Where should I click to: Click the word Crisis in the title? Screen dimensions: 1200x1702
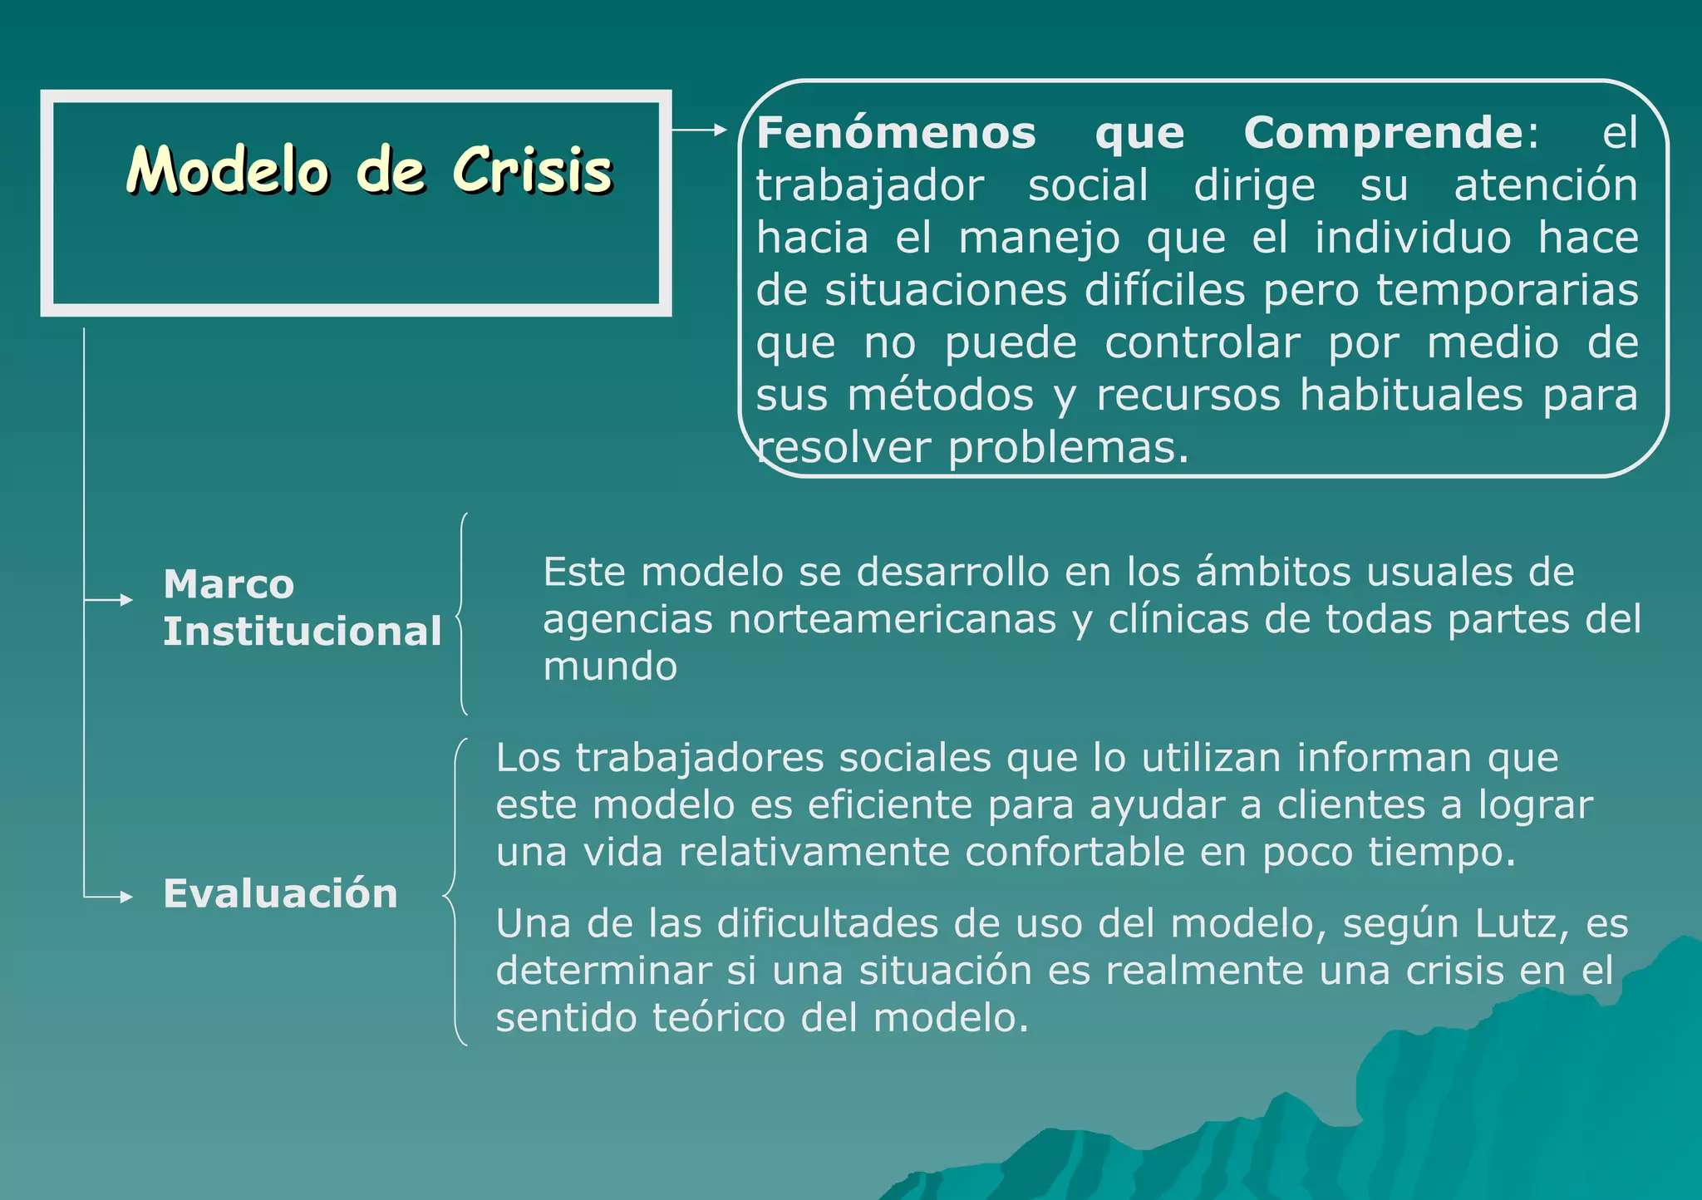(533, 170)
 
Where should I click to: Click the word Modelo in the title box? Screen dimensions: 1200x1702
(229, 170)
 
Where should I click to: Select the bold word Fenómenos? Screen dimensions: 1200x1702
(896, 133)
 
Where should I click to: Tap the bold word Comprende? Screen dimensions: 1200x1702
(1384, 133)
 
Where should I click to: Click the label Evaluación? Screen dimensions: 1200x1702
(281, 894)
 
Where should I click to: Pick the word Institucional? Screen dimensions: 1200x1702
(303, 632)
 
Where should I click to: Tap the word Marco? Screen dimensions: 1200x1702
(229, 584)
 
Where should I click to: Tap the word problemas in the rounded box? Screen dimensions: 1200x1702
(1068, 449)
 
